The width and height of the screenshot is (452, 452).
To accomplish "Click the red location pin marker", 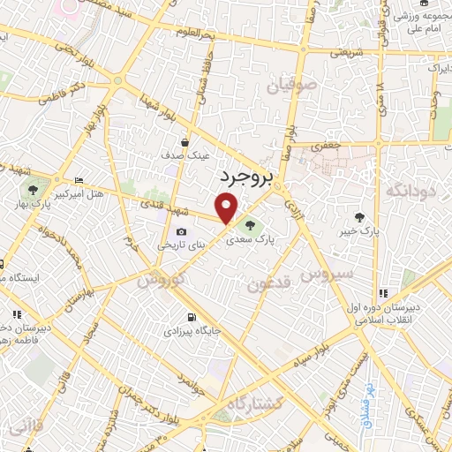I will coord(227,208).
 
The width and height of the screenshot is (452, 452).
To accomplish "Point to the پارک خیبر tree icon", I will coord(359,216).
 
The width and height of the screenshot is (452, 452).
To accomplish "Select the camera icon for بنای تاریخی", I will coord(181,231).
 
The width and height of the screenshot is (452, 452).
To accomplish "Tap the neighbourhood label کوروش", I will coord(160,280).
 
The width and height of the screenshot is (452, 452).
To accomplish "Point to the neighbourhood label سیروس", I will coord(327,275).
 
